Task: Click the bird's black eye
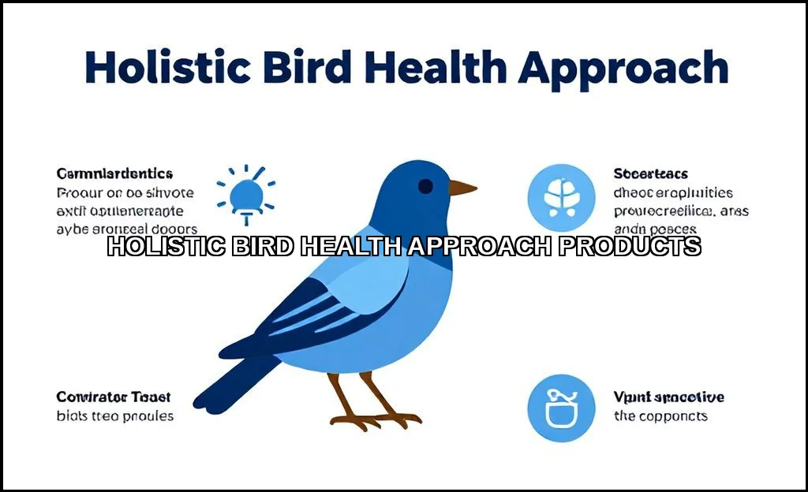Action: tap(425, 187)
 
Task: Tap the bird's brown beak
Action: tap(462, 188)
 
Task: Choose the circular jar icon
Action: tap(561, 408)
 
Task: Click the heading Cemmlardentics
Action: tap(114, 173)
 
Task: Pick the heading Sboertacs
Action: tap(650, 173)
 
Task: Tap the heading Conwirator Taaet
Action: tap(113, 397)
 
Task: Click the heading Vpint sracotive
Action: tap(668, 397)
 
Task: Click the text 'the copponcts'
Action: tap(660, 416)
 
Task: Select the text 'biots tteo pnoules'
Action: tap(115, 416)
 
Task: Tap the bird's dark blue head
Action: tap(406, 189)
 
